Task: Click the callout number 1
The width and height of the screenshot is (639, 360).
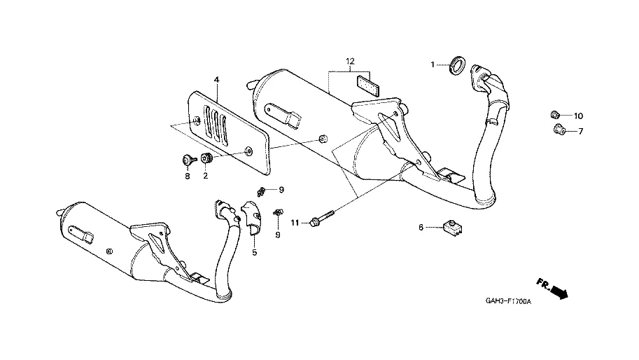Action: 433,64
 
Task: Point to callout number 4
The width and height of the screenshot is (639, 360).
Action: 216,81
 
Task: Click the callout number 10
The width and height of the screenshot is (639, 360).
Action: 578,116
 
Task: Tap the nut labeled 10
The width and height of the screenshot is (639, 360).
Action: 554,115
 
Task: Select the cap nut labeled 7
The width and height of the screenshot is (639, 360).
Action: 559,129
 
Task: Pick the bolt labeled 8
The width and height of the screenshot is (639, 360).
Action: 188,160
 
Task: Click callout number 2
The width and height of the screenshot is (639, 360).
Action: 206,176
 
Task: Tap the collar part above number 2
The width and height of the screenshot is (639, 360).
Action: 206,159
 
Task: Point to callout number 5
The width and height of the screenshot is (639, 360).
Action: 255,252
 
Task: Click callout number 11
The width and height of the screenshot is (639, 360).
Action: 295,223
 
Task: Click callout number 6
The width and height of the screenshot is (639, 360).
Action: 421,227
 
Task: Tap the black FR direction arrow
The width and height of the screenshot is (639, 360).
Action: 558,291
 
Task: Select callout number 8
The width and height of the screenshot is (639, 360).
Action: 188,176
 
